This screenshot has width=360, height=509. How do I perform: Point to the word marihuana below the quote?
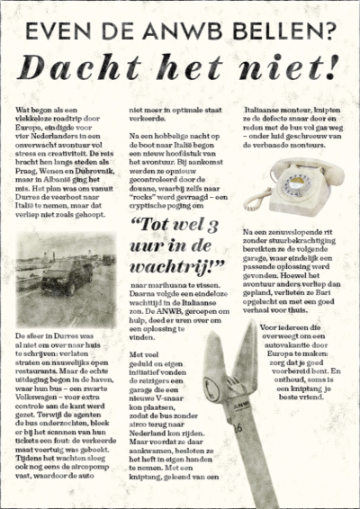[x=159, y=285]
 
